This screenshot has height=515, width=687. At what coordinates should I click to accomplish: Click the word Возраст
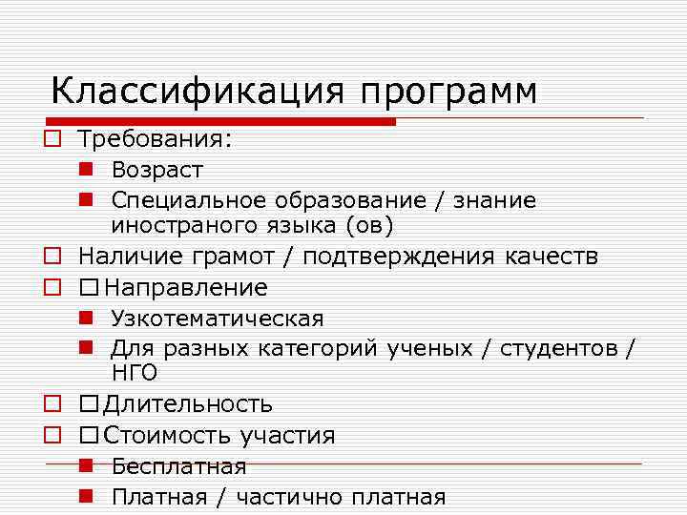[x=157, y=171]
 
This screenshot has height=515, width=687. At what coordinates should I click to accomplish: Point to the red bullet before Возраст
[x=86, y=170]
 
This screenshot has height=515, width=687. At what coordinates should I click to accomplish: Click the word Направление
[x=186, y=287]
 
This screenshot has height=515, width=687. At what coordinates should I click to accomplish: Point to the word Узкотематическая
[x=218, y=319]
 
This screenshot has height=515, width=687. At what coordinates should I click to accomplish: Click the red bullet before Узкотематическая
[x=86, y=318]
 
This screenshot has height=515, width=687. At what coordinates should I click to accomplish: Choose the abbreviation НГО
[x=135, y=373]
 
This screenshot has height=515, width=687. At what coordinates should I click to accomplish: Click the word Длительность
[x=188, y=405]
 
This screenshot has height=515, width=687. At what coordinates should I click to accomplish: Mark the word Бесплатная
[x=178, y=466]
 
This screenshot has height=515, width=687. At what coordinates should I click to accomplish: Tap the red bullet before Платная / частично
[x=86, y=496]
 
